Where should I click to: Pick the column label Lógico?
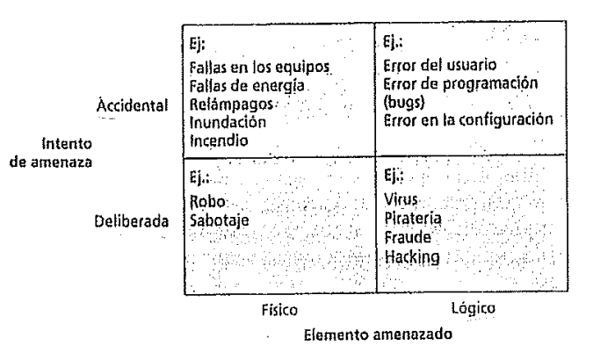point(470,309)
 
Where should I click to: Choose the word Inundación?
point(223,121)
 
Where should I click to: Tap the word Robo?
point(205,199)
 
